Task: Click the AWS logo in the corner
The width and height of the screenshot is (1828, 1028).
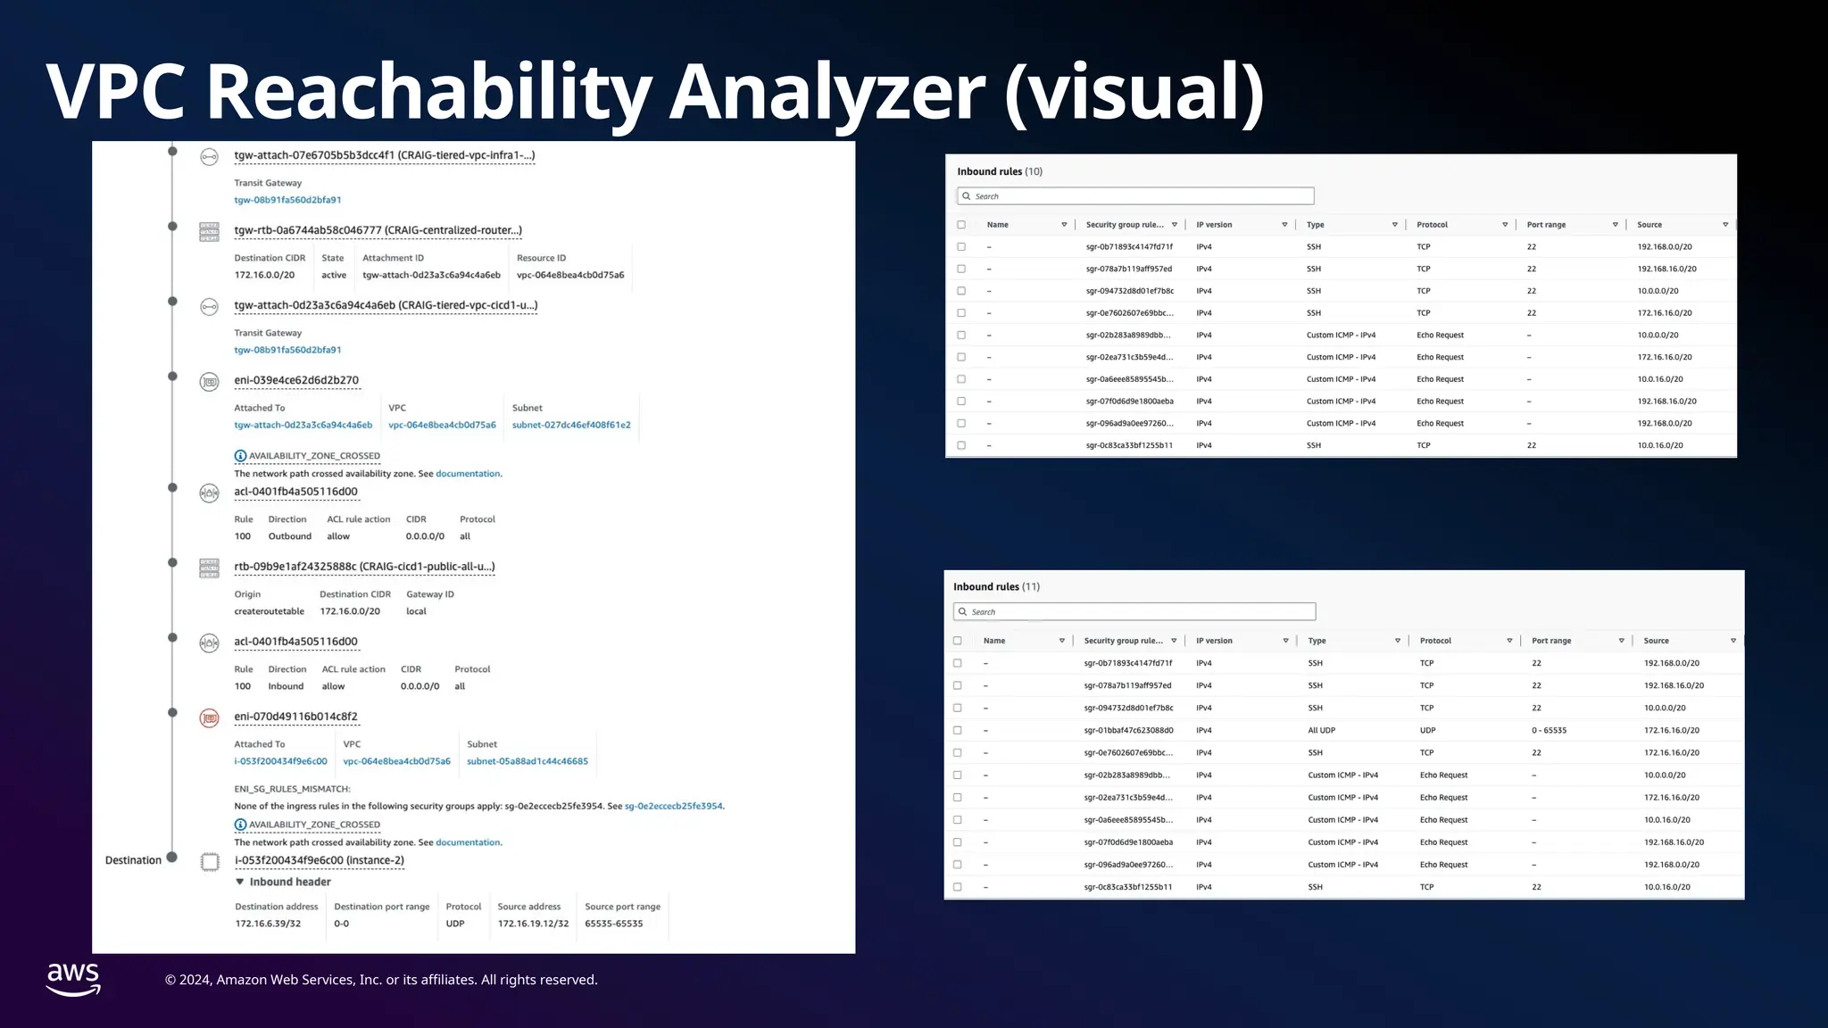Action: (73, 979)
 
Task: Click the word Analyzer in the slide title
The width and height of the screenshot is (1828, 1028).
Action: (827, 92)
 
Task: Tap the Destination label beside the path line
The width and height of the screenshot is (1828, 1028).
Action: (133, 860)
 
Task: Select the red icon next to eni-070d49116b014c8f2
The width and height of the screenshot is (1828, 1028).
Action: (209, 717)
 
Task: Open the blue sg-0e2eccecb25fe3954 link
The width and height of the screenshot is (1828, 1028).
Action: (673, 806)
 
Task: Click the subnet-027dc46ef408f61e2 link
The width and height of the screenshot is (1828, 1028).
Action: (571, 425)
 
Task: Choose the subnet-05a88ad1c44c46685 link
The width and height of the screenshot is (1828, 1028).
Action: (528, 761)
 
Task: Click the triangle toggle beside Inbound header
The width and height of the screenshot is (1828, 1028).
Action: (240, 882)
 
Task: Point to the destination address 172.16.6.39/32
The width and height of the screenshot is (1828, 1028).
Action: (268, 924)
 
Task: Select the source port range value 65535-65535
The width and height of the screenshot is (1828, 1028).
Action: (613, 924)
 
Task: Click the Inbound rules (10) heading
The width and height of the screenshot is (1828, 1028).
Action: (1000, 171)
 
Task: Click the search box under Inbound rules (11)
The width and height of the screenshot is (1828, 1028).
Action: (1134, 612)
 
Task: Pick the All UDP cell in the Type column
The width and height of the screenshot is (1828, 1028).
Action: (1321, 730)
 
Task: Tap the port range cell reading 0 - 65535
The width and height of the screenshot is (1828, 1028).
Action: (1549, 730)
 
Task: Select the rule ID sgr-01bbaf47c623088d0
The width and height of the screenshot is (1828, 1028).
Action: (1128, 730)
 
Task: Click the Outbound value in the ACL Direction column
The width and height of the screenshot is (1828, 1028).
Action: (289, 536)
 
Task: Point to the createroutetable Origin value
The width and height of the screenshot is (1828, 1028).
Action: (269, 611)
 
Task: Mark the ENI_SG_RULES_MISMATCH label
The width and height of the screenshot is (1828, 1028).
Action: (292, 789)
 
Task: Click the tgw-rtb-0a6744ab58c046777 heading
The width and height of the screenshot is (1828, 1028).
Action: (378, 230)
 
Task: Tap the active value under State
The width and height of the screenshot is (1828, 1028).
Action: (334, 275)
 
